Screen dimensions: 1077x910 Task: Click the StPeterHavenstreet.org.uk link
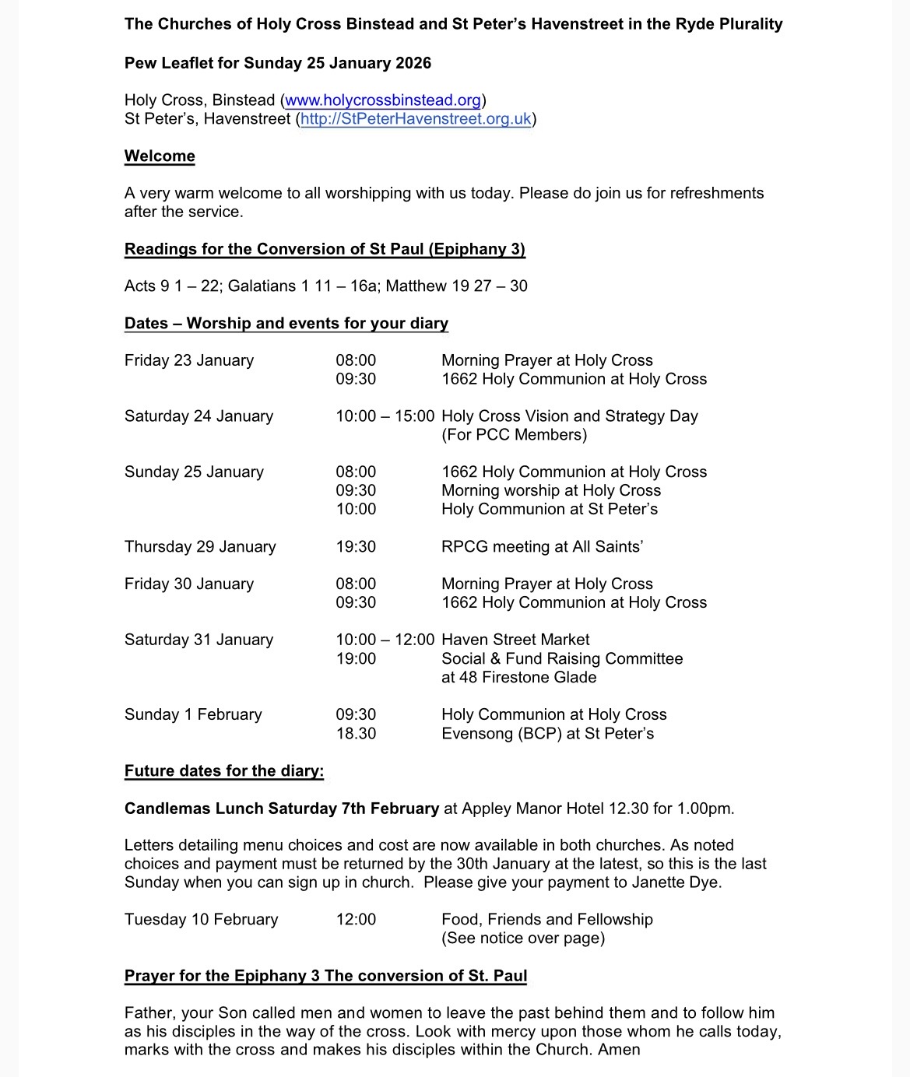point(416,119)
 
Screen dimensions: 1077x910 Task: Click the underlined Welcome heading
point(160,156)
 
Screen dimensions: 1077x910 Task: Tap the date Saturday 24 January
point(199,416)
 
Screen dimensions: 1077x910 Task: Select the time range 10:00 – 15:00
point(385,416)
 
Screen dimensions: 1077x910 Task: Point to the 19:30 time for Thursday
point(356,547)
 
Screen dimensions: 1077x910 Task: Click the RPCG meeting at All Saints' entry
point(542,547)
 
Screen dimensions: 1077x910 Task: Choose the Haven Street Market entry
point(515,640)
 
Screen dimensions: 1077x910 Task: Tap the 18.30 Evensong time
point(356,733)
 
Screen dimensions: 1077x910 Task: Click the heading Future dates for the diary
point(224,771)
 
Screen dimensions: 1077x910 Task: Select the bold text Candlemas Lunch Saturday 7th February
point(282,809)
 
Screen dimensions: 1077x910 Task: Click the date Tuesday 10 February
point(201,920)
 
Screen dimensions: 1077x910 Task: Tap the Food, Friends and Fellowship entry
point(546,920)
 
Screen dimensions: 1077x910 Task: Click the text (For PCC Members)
point(514,435)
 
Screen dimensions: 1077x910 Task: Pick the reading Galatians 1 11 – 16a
point(302,286)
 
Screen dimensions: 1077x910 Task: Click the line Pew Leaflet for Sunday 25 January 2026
point(278,63)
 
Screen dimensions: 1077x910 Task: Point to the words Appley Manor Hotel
point(532,809)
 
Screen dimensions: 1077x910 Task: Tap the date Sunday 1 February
point(193,714)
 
